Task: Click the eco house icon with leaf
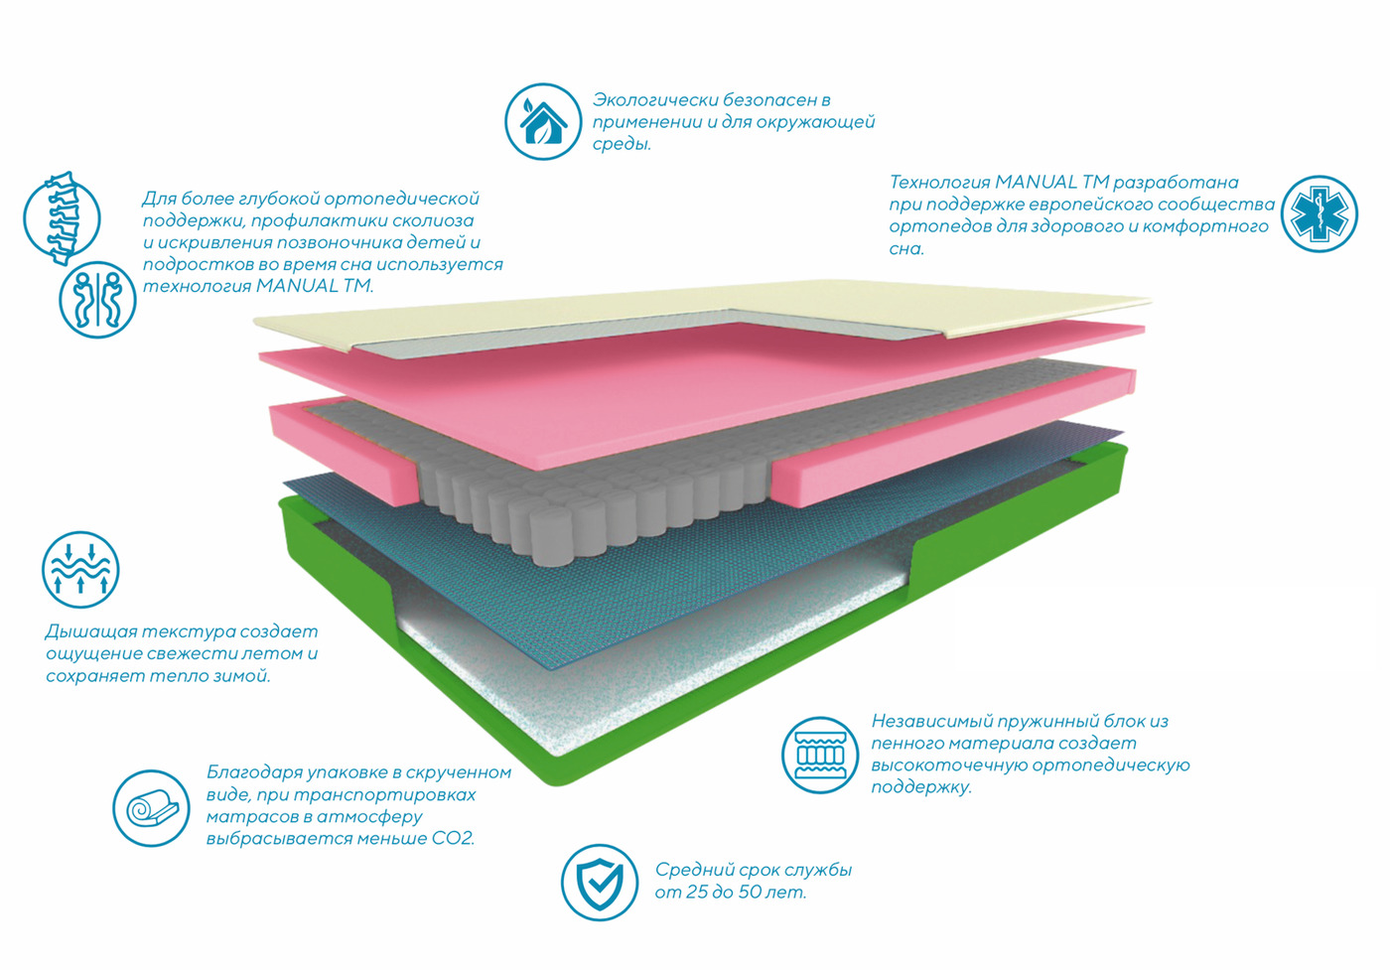coord(542,121)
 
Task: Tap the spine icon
coord(62,217)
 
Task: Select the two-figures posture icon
coord(97,300)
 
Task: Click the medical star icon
coord(1319,213)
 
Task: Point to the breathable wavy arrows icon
coord(80,570)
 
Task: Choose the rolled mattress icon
coord(151,808)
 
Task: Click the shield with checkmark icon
coord(600,882)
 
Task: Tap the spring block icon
coord(819,755)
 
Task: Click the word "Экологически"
coord(654,100)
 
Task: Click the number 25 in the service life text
coord(697,892)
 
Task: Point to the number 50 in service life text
coord(750,892)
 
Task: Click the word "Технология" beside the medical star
coord(938,183)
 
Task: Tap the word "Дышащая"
coord(90,632)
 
